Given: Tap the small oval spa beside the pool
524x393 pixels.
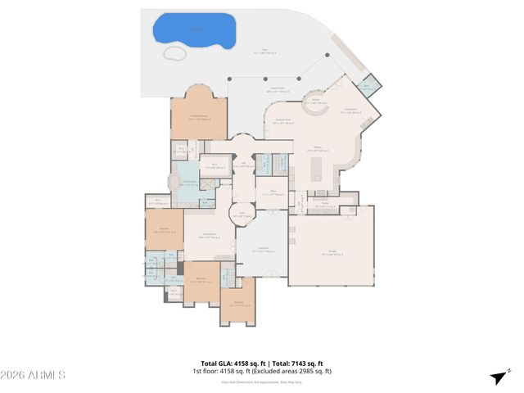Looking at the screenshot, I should (174, 53).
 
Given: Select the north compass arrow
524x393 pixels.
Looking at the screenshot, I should (497, 377).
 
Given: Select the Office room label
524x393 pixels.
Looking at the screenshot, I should (273, 193).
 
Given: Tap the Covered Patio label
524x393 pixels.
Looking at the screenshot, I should (278, 88).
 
